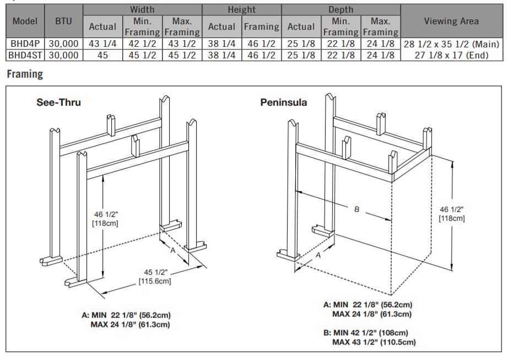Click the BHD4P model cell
click(x=25, y=44)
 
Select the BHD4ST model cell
click(x=25, y=55)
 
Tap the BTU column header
click(x=63, y=21)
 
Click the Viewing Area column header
click(x=451, y=21)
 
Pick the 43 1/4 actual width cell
click(x=102, y=44)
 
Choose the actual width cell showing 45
click(x=102, y=55)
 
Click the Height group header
click(x=241, y=10)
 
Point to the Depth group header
click(x=340, y=10)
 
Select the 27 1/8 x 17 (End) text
click(x=451, y=55)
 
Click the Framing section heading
click(x=25, y=74)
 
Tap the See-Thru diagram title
click(x=59, y=102)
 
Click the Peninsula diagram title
click(x=283, y=102)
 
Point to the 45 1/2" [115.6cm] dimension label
click(x=155, y=277)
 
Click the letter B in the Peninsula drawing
click(x=356, y=210)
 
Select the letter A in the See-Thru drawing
click(x=173, y=250)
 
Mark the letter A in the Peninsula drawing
click(x=318, y=255)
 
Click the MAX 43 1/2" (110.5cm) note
click(x=374, y=342)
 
